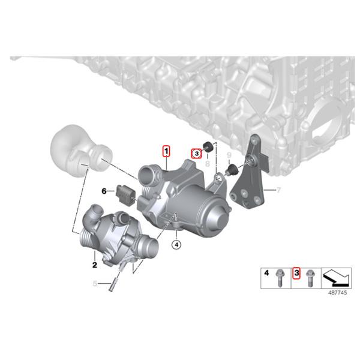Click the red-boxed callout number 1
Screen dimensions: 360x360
point(166,151)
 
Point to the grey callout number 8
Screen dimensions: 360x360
point(206,163)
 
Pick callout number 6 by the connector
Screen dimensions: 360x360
point(103,191)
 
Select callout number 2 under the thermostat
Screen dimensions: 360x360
point(94,264)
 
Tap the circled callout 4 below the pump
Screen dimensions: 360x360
point(176,244)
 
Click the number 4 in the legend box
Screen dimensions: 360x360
point(266,274)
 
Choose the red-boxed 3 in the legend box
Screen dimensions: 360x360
point(295,274)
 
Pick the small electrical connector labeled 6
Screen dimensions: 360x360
point(124,193)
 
